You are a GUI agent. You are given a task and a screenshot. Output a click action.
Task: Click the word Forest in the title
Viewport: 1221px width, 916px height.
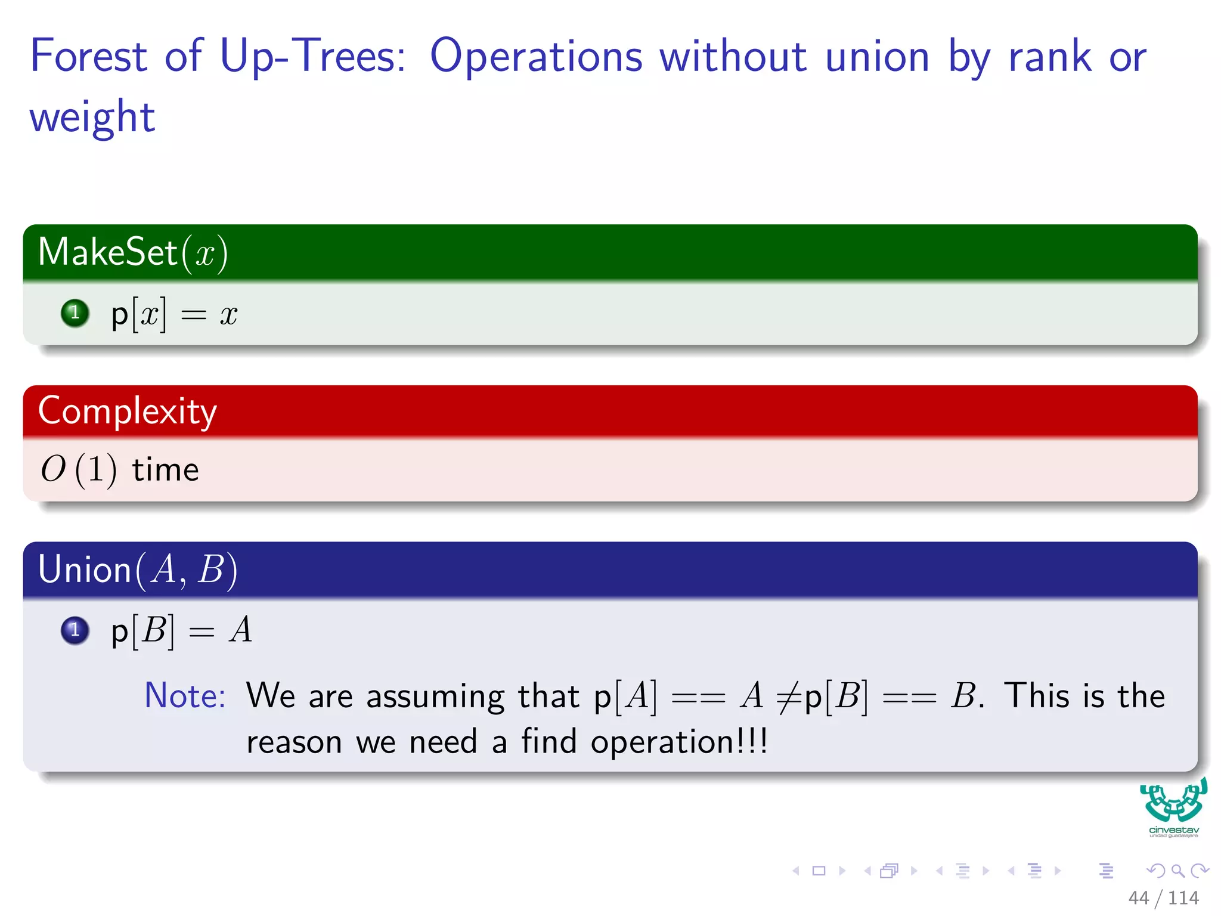pyautogui.click(x=88, y=56)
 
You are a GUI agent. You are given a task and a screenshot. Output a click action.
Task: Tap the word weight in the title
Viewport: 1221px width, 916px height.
pyautogui.click(x=92, y=117)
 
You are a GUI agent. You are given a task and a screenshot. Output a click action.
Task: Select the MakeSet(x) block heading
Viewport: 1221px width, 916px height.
pyautogui.click(x=133, y=252)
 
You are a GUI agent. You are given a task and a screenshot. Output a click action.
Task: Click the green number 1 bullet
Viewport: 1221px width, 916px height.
pyautogui.click(x=75, y=312)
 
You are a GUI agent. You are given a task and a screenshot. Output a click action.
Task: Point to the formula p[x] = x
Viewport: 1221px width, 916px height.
pyautogui.click(x=174, y=314)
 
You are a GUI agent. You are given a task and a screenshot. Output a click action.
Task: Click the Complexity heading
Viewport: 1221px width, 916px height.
pyautogui.click(x=128, y=411)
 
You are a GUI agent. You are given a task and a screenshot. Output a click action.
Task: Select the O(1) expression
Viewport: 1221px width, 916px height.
pyautogui.click(x=78, y=469)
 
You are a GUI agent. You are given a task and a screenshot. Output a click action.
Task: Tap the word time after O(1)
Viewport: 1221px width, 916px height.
pyautogui.click(x=165, y=470)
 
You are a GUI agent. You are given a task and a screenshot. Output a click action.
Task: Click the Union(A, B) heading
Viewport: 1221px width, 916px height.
pyautogui.click(x=138, y=570)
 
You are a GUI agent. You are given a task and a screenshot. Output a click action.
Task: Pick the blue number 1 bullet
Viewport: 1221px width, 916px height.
pyautogui.click(x=75, y=630)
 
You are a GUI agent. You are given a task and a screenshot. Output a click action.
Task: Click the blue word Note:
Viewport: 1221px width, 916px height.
pyautogui.click(x=185, y=695)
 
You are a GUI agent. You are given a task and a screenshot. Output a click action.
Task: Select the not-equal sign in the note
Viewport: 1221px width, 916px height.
pyautogui.click(x=789, y=697)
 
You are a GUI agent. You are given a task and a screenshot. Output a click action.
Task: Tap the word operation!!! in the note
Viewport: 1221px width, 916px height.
pyautogui.click(x=679, y=742)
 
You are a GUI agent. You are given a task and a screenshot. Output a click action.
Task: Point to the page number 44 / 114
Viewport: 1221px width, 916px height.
pyautogui.click(x=1163, y=898)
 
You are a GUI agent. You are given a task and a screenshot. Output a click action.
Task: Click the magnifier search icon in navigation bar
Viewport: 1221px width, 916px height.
pyautogui.click(x=1177, y=871)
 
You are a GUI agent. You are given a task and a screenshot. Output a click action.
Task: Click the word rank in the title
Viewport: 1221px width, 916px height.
pyautogui.click(x=1050, y=56)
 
